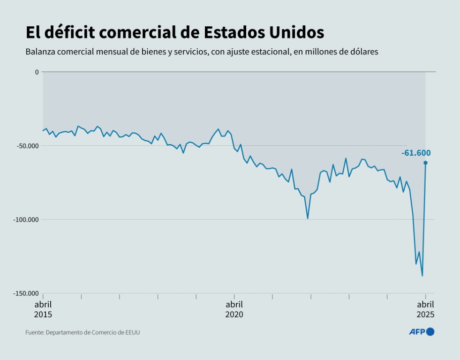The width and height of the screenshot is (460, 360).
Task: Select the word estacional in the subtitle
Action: click(266, 52)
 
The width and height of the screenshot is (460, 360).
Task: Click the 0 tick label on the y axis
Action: click(37, 72)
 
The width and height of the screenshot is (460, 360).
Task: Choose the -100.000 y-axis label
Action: click(26, 219)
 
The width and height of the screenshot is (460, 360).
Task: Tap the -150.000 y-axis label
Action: click(26, 293)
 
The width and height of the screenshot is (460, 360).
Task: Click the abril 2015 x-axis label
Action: click(43, 309)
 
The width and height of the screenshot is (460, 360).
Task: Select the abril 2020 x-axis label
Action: click(234, 309)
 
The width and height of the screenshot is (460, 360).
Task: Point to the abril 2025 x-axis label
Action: click(426, 309)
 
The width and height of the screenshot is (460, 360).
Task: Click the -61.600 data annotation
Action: click(416, 153)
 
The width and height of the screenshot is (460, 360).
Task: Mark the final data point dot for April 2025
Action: click(425, 163)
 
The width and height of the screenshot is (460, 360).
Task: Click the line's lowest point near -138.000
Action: click(422, 276)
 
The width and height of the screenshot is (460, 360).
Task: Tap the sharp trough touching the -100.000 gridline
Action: click(308, 218)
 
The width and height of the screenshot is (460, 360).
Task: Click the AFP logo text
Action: click(416, 332)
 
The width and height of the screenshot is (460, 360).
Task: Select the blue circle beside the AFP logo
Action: click(430, 332)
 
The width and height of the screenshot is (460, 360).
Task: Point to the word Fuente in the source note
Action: click(34, 332)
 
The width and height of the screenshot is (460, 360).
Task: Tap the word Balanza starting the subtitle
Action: click(39, 52)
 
